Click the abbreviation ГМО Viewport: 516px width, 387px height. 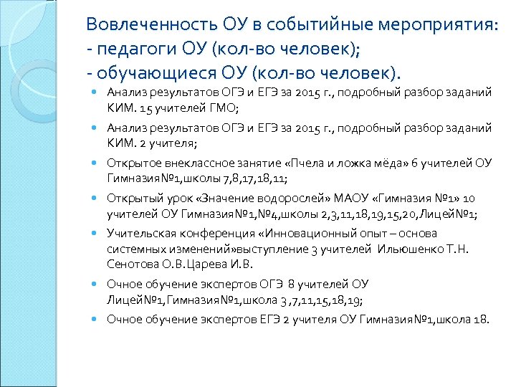[x=223, y=108]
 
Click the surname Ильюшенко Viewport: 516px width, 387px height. [x=405, y=249]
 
